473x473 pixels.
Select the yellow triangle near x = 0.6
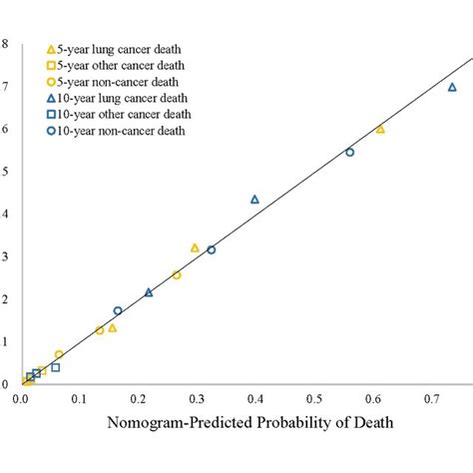[x=380, y=129]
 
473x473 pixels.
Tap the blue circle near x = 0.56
[x=349, y=152]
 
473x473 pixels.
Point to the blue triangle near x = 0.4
[x=254, y=200]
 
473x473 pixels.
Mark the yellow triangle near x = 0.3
[x=195, y=247]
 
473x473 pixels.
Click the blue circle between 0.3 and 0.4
[x=211, y=249]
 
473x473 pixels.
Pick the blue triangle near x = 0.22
[x=149, y=292]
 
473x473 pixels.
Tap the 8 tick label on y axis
[x=6, y=44]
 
